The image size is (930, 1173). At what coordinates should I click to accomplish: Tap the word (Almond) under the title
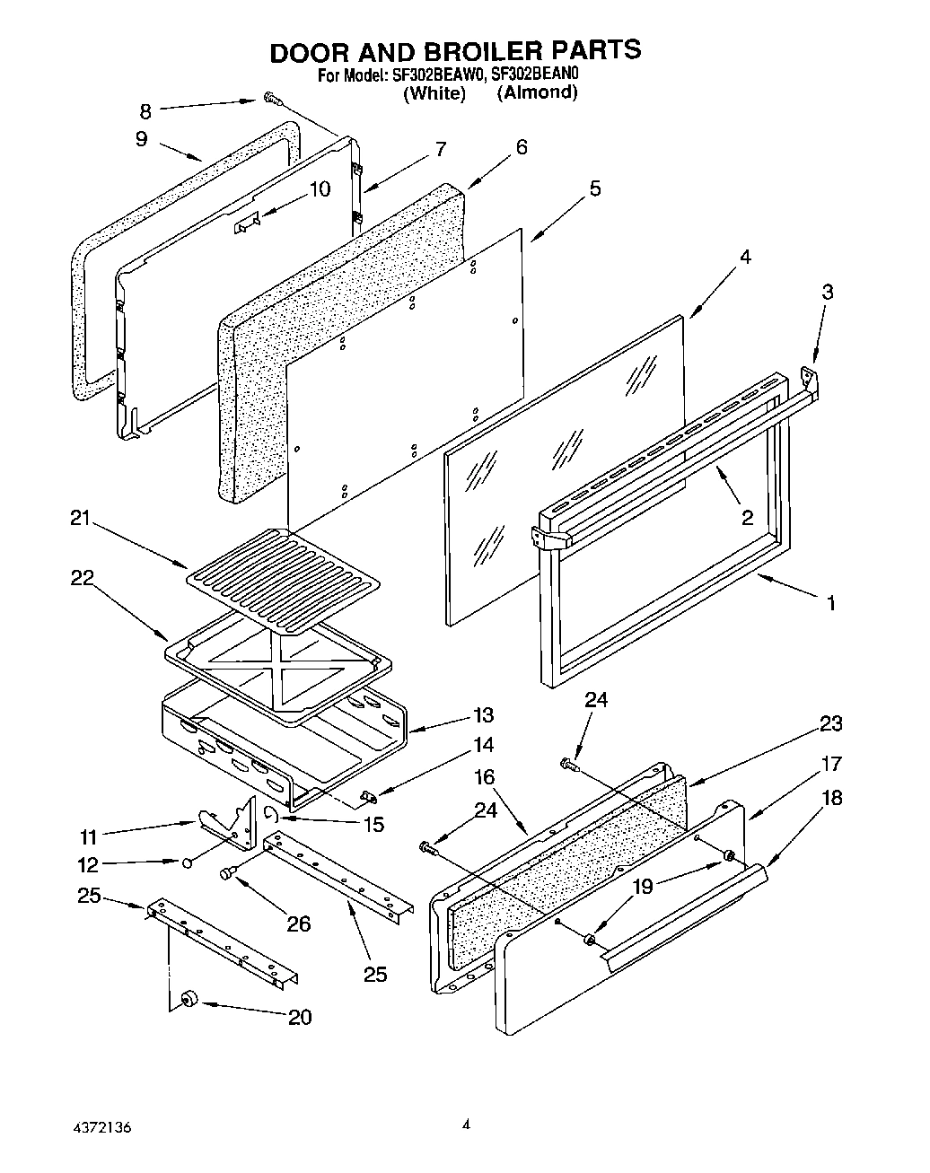(x=537, y=92)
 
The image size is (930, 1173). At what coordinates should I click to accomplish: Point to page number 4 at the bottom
(x=466, y=1122)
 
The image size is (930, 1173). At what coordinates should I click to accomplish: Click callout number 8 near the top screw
(x=145, y=110)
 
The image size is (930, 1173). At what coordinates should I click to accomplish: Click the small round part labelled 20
(x=189, y=998)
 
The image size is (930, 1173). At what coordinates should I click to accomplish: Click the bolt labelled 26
(x=227, y=871)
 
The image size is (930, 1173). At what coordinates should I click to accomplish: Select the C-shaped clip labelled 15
(x=270, y=813)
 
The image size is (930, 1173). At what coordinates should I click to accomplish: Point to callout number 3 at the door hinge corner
(x=828, y=292)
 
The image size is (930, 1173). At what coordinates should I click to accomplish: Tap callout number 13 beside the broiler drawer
(x=484, y=715)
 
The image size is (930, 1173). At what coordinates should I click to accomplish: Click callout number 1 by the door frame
(x=831, y=603)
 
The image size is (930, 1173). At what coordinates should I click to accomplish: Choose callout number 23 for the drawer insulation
(x=830, y=723)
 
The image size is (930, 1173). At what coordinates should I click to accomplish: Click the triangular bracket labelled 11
(x=220, y=824)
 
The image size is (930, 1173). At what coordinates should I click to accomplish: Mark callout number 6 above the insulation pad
(x=522, y=147)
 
